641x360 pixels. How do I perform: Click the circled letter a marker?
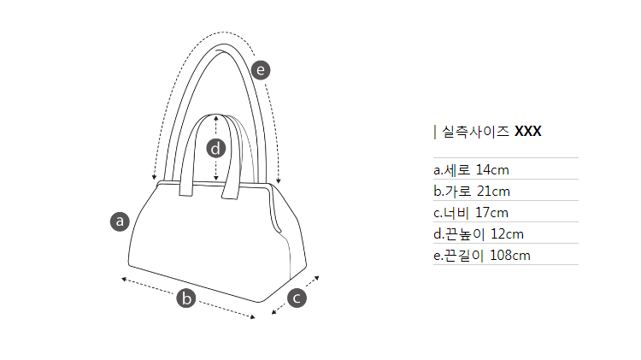120,221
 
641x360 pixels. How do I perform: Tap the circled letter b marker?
186,298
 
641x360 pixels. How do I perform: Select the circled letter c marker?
297,298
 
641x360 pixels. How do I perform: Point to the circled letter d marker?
216,148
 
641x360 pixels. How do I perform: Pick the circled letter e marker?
261,70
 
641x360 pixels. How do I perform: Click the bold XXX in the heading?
528,132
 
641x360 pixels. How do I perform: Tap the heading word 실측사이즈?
475,132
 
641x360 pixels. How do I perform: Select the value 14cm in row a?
492,170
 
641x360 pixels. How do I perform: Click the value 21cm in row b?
493,191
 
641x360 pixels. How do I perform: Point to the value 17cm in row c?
491,213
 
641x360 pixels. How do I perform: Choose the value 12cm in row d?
507,234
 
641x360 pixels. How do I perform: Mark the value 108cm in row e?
509,256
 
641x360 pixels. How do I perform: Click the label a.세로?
452,170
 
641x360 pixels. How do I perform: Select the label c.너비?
451,213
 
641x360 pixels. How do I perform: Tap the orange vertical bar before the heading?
435,132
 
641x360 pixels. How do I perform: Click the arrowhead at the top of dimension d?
216,118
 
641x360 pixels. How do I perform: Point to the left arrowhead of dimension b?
124,280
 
